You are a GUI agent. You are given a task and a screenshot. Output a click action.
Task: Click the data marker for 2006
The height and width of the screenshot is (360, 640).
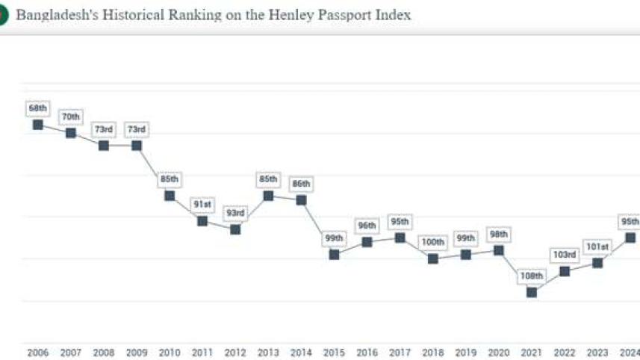coord(38,124)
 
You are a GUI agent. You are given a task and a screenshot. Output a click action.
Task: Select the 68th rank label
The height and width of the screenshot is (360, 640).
coord(38,108)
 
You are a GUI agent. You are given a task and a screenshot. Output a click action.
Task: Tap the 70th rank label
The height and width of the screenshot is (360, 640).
coord(71,117)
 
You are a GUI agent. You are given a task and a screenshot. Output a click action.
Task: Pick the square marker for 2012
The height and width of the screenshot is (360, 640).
coord(235,229)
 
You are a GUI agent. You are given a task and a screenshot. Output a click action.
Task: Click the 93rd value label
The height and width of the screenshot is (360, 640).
coord(235,214)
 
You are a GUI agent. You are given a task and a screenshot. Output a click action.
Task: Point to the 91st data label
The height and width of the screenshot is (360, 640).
coord(202,205)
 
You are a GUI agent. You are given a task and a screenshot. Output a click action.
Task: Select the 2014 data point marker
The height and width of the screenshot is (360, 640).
coord(301,200)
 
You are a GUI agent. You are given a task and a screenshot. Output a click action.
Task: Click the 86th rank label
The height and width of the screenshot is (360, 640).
coord(301,184)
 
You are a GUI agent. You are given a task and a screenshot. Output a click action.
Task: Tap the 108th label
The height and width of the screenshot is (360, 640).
coord(532,276)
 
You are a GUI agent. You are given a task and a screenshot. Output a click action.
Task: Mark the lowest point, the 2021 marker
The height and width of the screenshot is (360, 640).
coord(532,292)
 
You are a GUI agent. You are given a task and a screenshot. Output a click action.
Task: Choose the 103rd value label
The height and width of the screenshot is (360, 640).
coord(565,255)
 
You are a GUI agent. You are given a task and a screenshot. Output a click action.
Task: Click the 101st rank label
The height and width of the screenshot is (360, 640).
coord(597,246)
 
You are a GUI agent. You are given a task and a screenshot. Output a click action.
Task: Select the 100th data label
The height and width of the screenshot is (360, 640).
coord(433,243)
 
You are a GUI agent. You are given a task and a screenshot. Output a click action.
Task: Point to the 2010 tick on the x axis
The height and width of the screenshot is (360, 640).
coord(170,353)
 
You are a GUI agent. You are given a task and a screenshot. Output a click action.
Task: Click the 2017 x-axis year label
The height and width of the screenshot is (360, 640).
coord(400,353)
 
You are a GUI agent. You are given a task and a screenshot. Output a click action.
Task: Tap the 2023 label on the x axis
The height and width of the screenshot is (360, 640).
coord(597,353)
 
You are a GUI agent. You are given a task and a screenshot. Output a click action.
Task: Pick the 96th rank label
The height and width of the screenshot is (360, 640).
coord(367,226)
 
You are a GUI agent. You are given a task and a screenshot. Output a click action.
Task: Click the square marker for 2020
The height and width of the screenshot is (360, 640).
coord(499,250)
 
